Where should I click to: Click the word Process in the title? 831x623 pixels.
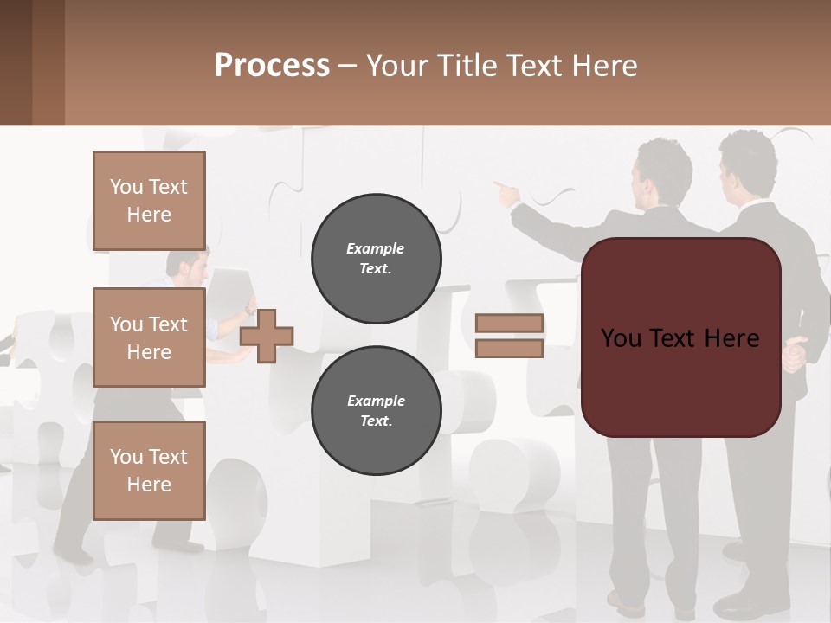[272, 66]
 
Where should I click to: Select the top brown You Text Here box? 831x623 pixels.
[149, 201]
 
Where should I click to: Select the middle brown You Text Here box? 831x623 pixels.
[149, 337]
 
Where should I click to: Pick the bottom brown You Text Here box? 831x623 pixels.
[149, 470]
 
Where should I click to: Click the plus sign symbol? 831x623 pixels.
[267, 336]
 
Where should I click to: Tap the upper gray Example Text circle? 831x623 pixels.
[376, 259]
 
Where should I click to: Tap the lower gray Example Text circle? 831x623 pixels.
[376, 411]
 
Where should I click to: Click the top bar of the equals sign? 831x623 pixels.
[509, 324]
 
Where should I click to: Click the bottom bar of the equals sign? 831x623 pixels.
[509, 349]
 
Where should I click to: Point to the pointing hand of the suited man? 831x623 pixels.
[503, 189]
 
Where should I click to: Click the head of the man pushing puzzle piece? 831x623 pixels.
[187, 264]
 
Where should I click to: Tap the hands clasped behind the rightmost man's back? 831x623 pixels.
[795, 351]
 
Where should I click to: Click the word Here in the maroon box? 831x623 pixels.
[731, 338]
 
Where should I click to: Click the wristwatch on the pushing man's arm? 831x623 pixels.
[250, 309]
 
